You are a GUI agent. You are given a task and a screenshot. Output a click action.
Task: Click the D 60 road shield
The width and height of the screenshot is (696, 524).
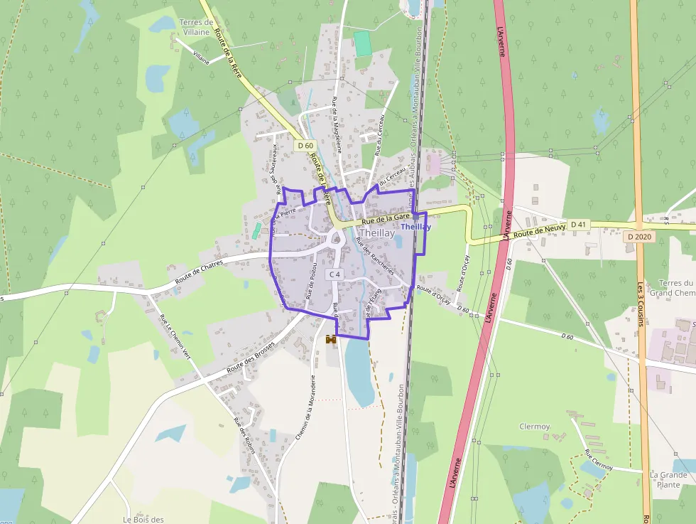tap(305, 146)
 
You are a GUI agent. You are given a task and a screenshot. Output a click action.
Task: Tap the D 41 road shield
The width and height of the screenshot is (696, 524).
tap(579, 225)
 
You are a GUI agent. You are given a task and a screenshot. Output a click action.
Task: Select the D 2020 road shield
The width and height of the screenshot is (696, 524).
tap(638, 236)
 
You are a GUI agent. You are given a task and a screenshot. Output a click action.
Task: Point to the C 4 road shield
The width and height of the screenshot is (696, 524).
tap(335, 274)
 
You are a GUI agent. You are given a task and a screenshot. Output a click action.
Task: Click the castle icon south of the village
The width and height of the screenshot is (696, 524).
tap(331, 340)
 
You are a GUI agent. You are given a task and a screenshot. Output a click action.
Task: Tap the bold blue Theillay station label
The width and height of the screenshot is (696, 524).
tap(415, 227)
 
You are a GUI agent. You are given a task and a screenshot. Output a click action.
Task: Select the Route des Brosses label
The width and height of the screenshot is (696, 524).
tap(251, 359)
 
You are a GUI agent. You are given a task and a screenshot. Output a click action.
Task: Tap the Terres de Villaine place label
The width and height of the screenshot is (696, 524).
tap(197, 27)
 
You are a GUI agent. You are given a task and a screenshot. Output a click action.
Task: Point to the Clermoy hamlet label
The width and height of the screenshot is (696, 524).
tap(535, 427)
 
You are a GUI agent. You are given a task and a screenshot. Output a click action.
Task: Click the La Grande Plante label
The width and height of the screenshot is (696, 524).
tap(668, 480)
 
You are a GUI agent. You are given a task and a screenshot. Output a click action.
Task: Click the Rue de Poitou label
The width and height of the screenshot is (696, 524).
tap(310, 279)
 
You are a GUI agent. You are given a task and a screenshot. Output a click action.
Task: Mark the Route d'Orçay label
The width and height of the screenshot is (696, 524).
tap(433, 294)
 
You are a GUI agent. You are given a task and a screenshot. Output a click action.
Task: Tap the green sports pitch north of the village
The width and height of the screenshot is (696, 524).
tap(363, 43)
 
